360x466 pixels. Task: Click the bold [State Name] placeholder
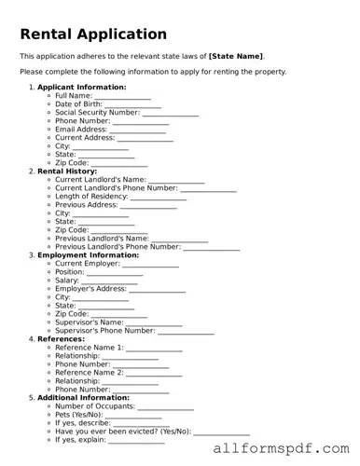click(x=236, y=56)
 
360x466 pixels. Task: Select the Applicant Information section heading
click(x=81, y=87)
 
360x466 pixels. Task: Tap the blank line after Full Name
click(x=122, y=96)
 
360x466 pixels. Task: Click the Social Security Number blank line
click(x=171, y=113)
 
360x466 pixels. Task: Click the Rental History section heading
click(x=74, y=171)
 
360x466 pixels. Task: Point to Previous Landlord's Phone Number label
click(x=118, y=246)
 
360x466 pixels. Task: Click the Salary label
click(x=67, y=280)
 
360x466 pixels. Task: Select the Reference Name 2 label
click(x=89, y=372)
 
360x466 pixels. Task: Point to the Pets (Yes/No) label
click(x=79, y=414)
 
